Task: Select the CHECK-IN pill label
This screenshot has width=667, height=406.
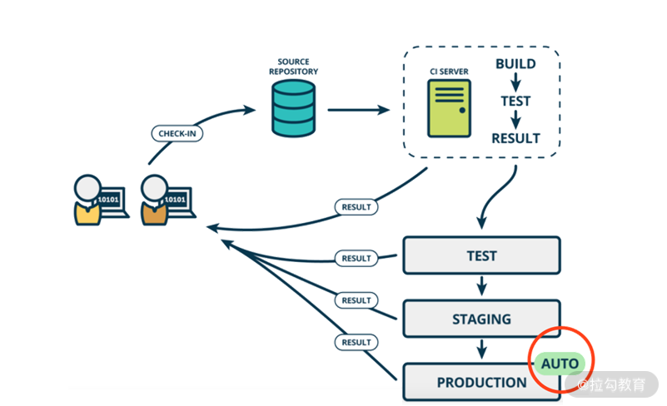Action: [x=177, y=133]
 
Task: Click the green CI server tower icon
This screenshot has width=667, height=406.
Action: [x=449, y=108]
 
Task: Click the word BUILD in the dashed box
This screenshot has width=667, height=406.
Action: [x=515, y=64]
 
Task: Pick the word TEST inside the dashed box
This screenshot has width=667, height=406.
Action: [x=515, y=101]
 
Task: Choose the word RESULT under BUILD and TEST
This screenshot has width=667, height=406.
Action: [x=515, y=138]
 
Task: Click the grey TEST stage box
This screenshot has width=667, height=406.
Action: [x=481, y=255]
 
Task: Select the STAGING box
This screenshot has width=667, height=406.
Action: [x=481, y=319]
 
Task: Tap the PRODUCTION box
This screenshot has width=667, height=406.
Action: [x=481, y=382]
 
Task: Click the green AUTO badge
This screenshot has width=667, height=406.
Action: [x=560, y=364]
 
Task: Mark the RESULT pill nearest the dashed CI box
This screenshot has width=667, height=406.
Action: [x=356, y=206]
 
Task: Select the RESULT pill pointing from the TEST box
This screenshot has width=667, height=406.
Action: [x=356, y=259]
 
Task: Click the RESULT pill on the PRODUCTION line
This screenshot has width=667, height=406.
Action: [x=356, y=342]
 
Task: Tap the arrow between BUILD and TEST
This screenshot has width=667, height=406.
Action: [x=515, y=82]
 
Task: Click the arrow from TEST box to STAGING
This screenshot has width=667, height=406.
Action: [x=481, y=287]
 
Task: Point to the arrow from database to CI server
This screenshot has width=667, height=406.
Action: [x=358, y=109]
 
